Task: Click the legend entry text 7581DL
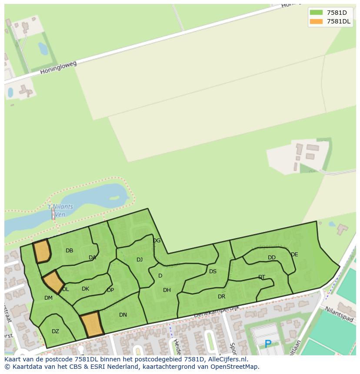point(339,21)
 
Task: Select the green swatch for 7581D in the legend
point(316,13)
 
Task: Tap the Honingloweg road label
point(58,67)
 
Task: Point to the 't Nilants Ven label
point(60,210)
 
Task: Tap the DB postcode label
point(69,251)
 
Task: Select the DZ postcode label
point(55,331)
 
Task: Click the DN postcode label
point(123,315)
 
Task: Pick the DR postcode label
point(222,297)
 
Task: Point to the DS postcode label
point(213,271)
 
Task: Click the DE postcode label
point(294,255)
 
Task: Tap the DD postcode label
point(272,258)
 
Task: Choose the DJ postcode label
point(140,260)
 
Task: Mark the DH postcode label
point(167,290)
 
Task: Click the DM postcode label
point(48,298)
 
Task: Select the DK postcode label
point(85,289)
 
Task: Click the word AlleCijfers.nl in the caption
point(227,360)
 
